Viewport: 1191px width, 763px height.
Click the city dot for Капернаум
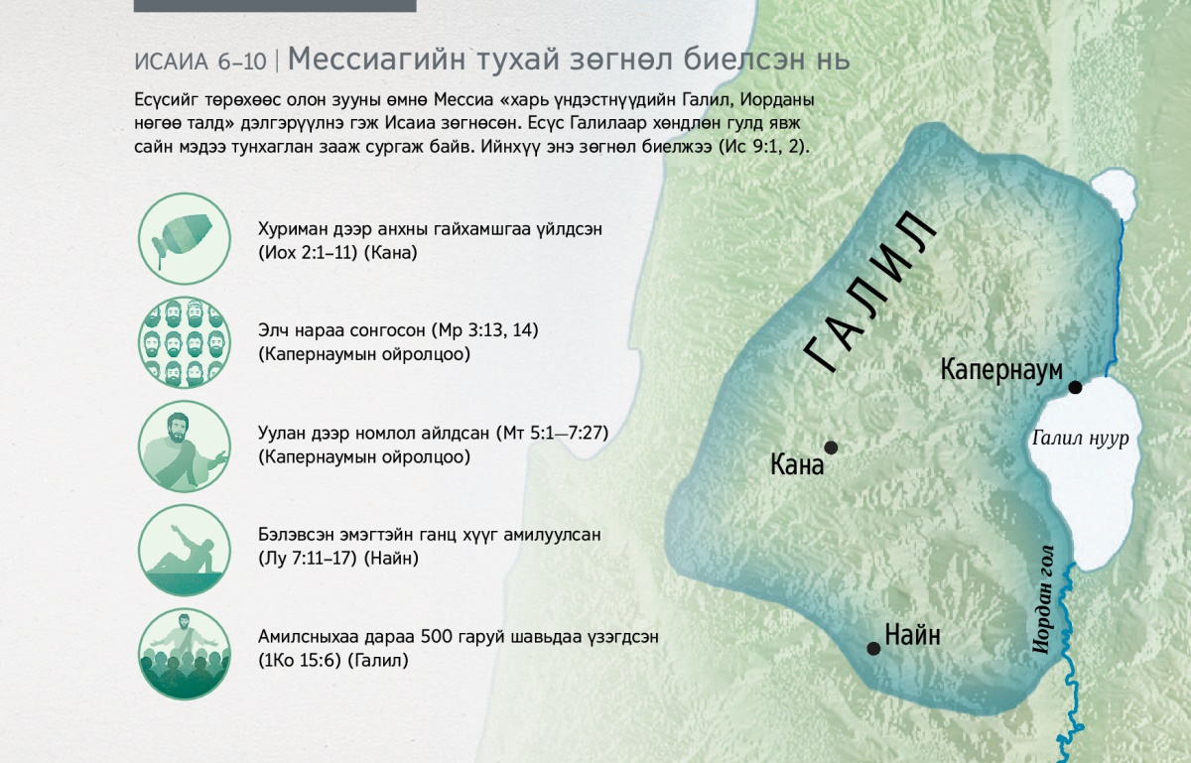[x=1075, y=387]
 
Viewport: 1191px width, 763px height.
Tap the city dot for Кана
[x=831, y=447]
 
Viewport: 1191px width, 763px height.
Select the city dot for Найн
[x=873, y=649]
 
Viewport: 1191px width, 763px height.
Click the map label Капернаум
[x=1001, y=369]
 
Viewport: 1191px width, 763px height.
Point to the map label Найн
[x=912, y=635]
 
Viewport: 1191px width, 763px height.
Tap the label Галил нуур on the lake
[x=1080, y=439]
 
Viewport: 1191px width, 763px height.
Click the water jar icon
[x=185, y=238]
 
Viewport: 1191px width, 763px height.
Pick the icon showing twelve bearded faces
[x=185, y=342]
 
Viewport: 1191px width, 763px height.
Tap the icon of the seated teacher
[x=185, y=445]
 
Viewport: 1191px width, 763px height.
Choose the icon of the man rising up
[x=185, y=550]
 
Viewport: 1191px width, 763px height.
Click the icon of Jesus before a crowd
[x=185, y=654]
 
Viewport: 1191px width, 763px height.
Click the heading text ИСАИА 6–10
[x=199, y=63]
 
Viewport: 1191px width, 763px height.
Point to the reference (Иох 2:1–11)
[x=308, y=253]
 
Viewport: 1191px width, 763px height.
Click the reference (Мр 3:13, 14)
[x=484, y=330]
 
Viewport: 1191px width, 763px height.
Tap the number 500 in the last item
[x=435, y=636]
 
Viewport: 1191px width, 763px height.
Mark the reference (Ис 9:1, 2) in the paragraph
[x=763, y=147]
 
